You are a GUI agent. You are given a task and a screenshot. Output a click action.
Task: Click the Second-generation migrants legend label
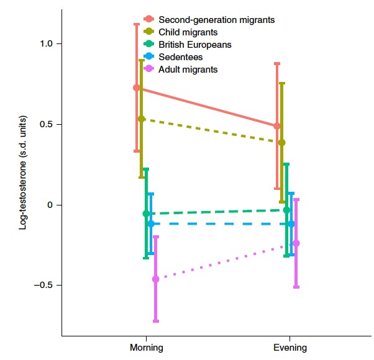(x=216, y=20)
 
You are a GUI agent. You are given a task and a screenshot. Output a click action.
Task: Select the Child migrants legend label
(x=188, y=32)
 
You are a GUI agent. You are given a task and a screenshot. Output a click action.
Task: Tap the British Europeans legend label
(x=195, y=45)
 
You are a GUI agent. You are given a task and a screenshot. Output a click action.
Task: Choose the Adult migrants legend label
(x=188, y=70)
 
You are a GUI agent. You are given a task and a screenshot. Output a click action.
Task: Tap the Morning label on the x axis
(x=147, y=348)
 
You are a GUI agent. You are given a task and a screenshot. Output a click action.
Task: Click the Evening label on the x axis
(x=290, y=348)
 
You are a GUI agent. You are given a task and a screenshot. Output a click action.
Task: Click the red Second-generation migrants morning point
(x=137, y=88)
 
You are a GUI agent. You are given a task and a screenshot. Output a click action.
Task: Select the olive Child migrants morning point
(x=142, y=119)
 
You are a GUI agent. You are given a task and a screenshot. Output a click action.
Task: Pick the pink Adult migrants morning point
(x=155, y=279)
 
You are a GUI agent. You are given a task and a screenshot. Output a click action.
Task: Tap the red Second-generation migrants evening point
(x=277, y=126)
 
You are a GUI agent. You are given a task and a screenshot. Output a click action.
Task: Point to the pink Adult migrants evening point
(x=296, y=243)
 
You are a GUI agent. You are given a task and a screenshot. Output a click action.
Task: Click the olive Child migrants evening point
(x=282, y=143)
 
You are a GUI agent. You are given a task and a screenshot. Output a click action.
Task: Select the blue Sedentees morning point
(x=150, y=223)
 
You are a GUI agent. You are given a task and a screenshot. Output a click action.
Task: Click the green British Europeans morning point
(x=146, y=214)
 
